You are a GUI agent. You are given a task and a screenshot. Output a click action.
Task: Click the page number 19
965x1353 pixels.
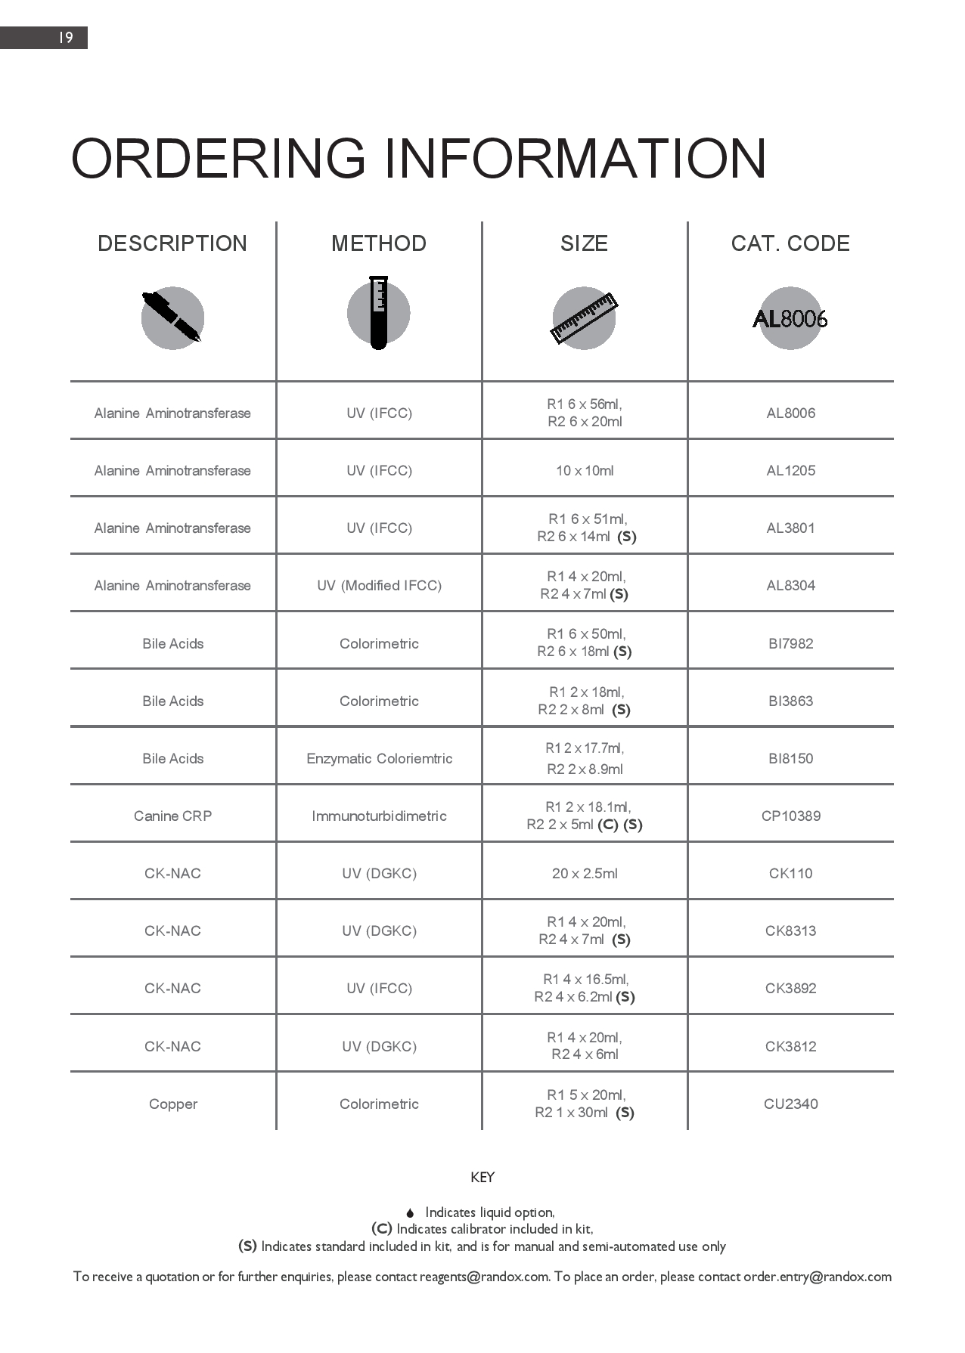tap(66, 38)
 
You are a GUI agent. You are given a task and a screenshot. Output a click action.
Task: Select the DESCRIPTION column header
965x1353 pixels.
tap(172, 243)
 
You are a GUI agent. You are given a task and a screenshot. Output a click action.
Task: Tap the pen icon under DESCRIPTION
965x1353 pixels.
tap(172, 317)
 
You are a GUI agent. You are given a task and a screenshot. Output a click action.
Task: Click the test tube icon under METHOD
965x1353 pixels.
tap(379, 313)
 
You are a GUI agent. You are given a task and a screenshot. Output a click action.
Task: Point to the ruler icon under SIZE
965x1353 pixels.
tap(584, 317)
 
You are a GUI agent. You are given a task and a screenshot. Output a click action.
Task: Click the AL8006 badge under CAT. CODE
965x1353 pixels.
tap(790, 318)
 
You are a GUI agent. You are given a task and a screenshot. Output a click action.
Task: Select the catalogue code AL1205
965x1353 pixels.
tap(790, 470)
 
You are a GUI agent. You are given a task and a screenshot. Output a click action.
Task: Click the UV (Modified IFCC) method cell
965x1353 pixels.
tap(379, 586)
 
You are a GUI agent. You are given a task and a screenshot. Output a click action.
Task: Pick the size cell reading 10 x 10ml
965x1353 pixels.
tap(585, 471)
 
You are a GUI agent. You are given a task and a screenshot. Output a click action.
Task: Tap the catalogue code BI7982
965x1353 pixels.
tap(790, 643)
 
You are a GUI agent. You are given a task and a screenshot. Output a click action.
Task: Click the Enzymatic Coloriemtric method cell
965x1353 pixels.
tap(379, 758)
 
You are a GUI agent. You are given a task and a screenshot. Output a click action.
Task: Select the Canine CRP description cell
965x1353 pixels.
tap(172, 816)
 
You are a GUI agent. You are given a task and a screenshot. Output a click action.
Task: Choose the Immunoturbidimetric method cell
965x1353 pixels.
tap(379, 816)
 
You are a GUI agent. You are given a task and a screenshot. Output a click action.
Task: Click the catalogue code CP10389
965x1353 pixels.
tap(790, 816)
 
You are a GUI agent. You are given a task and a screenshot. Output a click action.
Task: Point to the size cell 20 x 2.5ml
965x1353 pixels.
tap(585, 873)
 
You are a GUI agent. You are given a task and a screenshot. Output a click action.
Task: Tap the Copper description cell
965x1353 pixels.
tap(172, 1104)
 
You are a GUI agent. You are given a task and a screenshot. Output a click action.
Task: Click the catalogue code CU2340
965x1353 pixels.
tap(790, 1104)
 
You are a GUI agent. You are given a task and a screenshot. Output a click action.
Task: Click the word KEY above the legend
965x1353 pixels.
tap(482, 1177)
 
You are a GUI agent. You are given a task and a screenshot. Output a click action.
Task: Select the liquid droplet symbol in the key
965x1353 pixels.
tap(410, 1213)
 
